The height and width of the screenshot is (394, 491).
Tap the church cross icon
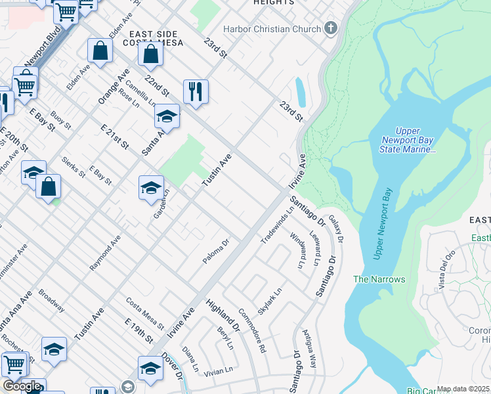(331, 28)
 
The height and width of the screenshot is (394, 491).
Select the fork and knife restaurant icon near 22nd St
(196, 91)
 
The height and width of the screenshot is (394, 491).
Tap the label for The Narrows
(379, 279)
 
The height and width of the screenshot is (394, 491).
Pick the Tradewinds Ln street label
(278, 225)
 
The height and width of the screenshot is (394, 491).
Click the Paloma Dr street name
(215, 253)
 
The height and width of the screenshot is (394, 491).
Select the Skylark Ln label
(270, 299)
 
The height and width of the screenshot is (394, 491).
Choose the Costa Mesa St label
(145, 313)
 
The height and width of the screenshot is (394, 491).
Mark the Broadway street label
(52, 300)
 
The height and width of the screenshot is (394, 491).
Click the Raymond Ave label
(106, 253)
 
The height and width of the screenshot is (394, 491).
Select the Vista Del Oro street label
(446, 270)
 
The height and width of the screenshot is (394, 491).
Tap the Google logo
(22, 386)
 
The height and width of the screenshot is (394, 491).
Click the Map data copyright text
(463, 389)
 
